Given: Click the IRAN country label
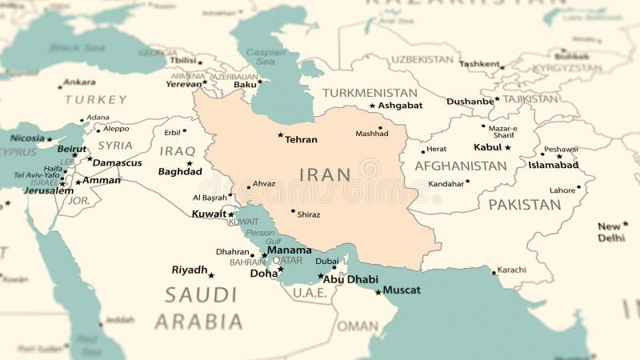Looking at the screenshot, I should coord(325,174).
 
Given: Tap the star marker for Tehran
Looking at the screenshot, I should coord(280,134).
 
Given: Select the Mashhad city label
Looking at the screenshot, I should coord(372,134).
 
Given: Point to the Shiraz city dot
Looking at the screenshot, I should coord(293,211).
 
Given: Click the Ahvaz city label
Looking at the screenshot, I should coord(263,184).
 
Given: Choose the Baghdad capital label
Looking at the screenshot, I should coord(180,171).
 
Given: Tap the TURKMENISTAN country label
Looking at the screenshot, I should coord(370,93).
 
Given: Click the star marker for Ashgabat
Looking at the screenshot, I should coord(372,106).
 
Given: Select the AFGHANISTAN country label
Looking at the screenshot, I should coord(460,166).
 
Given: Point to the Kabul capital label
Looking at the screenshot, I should coord(487,147).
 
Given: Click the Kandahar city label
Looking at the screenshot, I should coord(446,184).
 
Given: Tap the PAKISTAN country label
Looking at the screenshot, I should coord(524,205).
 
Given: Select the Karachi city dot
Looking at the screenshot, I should coord(494,271).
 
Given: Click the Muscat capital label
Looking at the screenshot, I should coord(402,290).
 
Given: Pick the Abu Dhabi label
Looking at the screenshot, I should coord(350,279).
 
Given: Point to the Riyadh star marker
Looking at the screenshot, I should coord(211,275).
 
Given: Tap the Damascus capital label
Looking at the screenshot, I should coord(117,162).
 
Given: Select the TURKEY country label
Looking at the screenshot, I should coord(96,100).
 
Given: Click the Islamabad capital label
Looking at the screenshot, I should coord(553,165).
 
